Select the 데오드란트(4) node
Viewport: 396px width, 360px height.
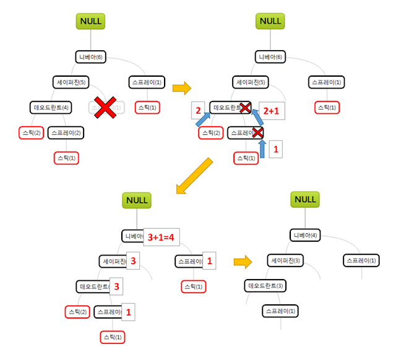pyautogui.click(x=52, y=108)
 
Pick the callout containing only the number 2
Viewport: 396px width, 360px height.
pyautogui.click(x=197, y=109)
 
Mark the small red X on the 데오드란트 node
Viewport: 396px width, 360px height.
pyautogui.click(x=244, y=108)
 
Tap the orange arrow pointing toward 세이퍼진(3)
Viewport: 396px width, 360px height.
pyautogui.click(x=243, y=262)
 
